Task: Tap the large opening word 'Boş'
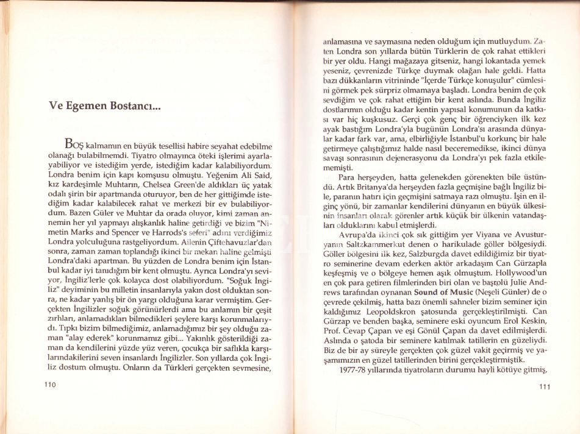[76, 145]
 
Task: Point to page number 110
[49, 384]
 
